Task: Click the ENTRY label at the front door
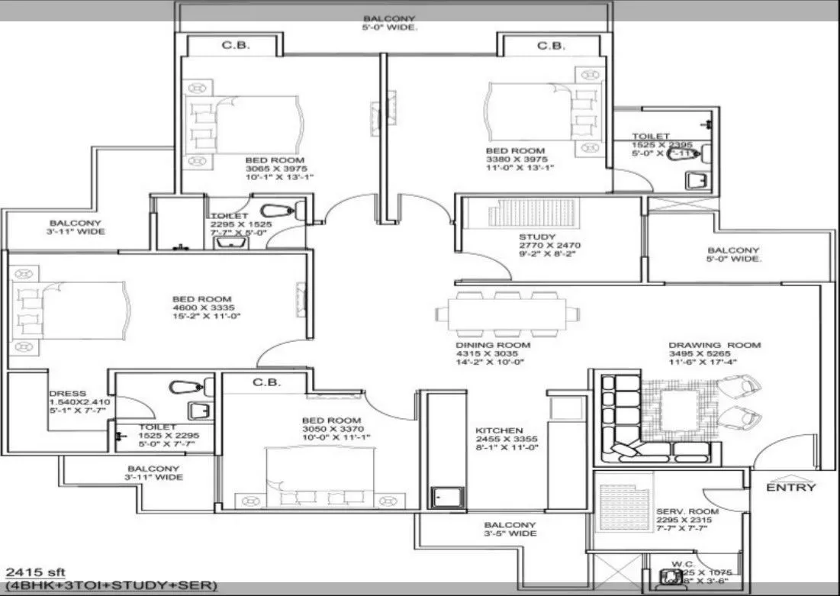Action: tap(790, 488)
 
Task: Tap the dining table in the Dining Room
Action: tap(502, 314)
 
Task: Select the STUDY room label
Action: tap(537, 237)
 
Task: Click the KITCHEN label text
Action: tap(499, 430)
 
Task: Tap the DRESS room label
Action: tap(62, 395)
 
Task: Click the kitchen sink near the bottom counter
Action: tap(446, 497)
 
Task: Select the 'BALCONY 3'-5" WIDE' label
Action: tap(509, 529)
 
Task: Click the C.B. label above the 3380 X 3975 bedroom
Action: tap(551, 46)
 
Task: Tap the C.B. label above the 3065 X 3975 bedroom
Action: tap(233, 46)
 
